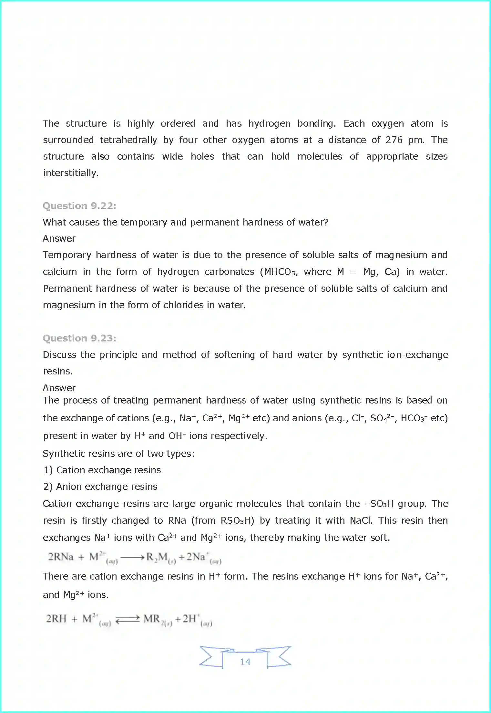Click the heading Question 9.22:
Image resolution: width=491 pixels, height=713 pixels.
tap(79, 206)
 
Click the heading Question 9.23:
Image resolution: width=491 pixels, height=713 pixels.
tap(79, 338)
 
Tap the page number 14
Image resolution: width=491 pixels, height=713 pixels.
tap(245, 662)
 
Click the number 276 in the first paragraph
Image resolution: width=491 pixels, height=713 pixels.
tap(394, 140)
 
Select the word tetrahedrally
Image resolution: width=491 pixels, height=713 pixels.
tap(128, 140)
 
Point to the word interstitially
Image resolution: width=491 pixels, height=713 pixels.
tap(71, 173)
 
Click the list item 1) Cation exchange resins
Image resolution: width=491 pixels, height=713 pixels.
tap(102, 470)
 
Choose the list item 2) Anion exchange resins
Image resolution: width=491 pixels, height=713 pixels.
tap(100, 487)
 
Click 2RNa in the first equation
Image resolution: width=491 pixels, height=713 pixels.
tap(61, 557)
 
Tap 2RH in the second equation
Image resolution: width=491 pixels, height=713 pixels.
tap(56, 619)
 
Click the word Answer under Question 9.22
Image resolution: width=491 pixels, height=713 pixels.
tap(59, 238)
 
